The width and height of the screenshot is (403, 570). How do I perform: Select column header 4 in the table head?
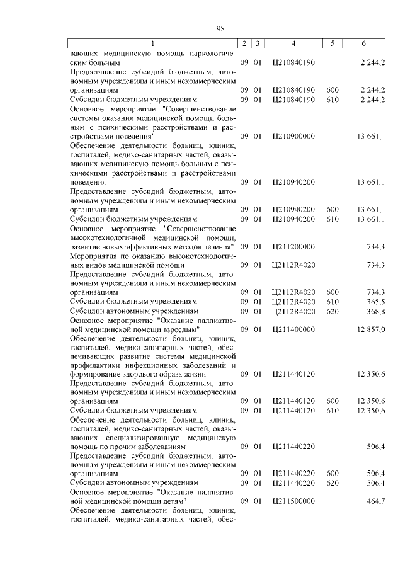tap(293, 43)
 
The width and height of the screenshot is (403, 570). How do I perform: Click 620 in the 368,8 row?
tap(332, 311)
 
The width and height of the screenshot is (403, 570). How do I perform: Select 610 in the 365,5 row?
tap(332, 302)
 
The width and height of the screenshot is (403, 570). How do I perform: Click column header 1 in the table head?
tap(152, 43)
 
